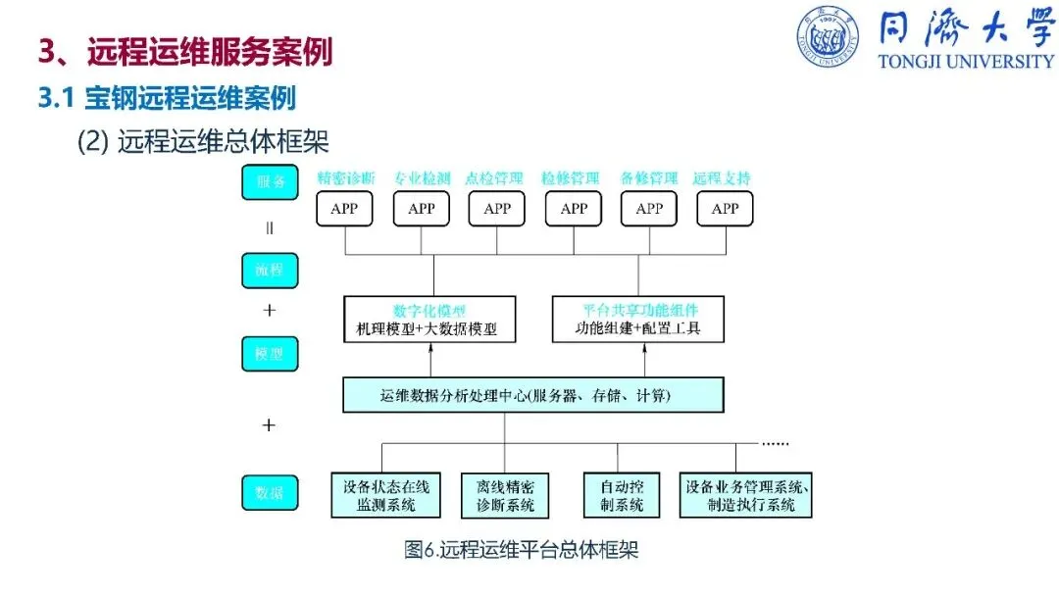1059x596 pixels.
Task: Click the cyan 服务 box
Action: click(x=270, y=182)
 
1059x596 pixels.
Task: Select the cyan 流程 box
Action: click(x=270, y=270)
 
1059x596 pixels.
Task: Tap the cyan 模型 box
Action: click(x=270, y=353)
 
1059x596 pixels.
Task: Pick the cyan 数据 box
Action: click(x=270, y=492)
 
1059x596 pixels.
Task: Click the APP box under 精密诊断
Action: click(x=344, y=209)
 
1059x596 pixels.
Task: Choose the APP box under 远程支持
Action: click(x=725, y=209)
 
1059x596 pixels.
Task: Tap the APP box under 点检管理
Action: click(x=497, y=209)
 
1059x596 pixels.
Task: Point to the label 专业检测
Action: click(x=422, y=179)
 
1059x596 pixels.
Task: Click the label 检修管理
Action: click(x=573, y=179)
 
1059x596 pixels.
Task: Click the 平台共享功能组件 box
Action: click(x=637, y=320)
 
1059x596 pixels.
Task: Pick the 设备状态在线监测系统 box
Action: click(x=379, y=495)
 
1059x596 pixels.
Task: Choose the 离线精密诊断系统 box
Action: click(x=505, y=495)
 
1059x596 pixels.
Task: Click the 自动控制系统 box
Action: click(x=621, y=495)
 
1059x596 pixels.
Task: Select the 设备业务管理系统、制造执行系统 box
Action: click(x=745, y=495)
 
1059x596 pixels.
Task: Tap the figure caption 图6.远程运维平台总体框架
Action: click(x=522, y=550)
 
